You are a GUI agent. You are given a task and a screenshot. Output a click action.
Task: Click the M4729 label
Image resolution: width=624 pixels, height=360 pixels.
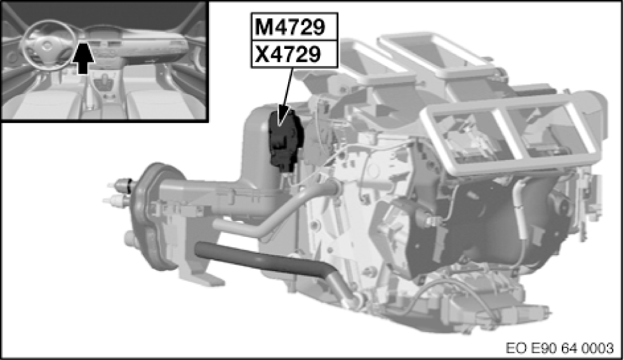point(289,27)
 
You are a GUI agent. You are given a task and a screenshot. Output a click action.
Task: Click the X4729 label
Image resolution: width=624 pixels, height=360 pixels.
point(288,53)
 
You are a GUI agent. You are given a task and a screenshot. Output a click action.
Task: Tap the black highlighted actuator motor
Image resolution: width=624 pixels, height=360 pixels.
point(286,140)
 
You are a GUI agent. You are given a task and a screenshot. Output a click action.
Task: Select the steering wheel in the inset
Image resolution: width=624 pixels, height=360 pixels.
point(48,44)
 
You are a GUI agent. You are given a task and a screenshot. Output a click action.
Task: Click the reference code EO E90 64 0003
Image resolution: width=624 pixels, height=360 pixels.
point(559,348)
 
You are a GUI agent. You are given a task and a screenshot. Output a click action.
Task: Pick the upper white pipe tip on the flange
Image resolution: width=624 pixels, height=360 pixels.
point(115,184)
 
